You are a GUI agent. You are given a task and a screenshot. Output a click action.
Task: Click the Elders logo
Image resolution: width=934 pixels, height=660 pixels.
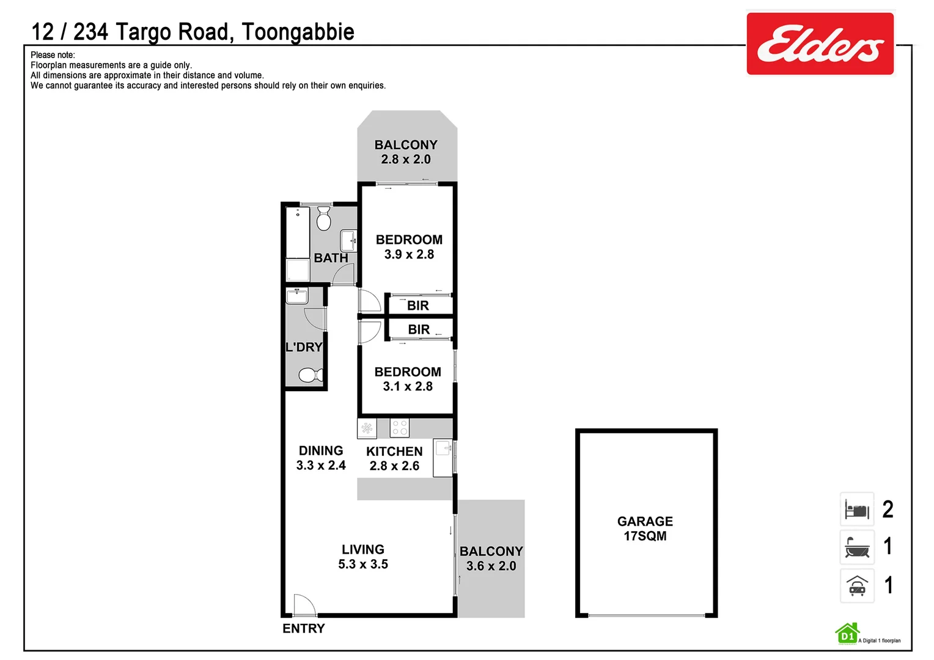click(x=820, y=44)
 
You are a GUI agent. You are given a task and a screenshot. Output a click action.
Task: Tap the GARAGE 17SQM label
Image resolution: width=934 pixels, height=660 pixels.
click(x=645, y=529)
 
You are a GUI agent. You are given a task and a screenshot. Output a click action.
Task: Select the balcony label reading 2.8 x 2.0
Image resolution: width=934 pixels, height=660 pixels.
click(x=406, y=152)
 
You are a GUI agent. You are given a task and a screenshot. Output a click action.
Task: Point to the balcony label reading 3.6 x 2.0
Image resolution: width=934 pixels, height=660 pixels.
click(x=491, y=559)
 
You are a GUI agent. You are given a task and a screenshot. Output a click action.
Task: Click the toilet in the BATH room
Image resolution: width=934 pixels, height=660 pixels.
click(x=324, y=218)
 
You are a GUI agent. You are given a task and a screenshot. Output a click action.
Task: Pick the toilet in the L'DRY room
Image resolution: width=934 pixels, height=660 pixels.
click(x=311, y=375)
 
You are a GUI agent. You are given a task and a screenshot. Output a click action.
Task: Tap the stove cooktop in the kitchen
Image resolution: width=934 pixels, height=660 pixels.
click(x=399, y=428)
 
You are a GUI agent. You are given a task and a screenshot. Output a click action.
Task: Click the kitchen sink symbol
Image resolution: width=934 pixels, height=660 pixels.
click(x=443, y=449)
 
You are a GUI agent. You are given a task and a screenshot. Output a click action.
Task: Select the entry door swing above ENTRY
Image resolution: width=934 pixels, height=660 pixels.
click(x=304, y=604)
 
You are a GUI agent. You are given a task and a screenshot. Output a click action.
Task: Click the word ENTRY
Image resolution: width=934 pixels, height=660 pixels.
click(x=303, y=628)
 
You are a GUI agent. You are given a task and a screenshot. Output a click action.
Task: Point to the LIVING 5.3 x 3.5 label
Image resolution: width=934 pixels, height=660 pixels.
click(x=363, y=557)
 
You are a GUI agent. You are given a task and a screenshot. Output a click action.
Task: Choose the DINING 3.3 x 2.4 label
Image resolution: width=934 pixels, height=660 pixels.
click(x=321, y=458)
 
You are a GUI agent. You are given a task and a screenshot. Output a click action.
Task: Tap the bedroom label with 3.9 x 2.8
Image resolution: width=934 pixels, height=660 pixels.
click(x=409, y=247)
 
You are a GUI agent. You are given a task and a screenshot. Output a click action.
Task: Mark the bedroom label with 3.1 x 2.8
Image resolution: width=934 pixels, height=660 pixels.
click(x=408, y=379)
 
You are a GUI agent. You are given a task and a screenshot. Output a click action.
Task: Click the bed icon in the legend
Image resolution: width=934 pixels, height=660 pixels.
click(x=857, y=509)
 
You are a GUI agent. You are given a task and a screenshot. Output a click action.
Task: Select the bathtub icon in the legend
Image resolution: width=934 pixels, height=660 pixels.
click(x=857, y=547)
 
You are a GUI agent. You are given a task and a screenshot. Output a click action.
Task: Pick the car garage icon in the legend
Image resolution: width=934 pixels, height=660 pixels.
click(x=857, y=585)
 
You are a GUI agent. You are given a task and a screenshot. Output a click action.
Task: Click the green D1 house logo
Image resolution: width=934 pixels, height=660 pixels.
click(x=847, y=634)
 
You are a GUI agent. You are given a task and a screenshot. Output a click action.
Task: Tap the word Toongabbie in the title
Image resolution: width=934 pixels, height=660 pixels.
click(x=298, y=32)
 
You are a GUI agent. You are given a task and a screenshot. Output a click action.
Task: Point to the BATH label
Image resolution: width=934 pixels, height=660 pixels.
click(x=331, y=258)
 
